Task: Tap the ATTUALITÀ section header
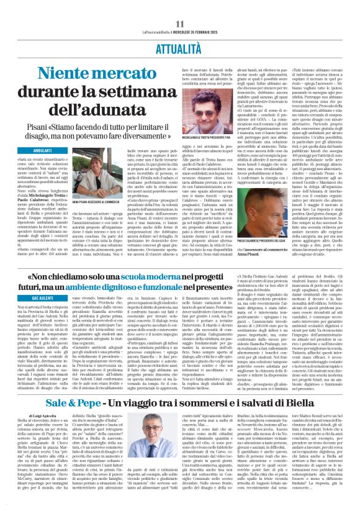(x=179, y=29)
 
